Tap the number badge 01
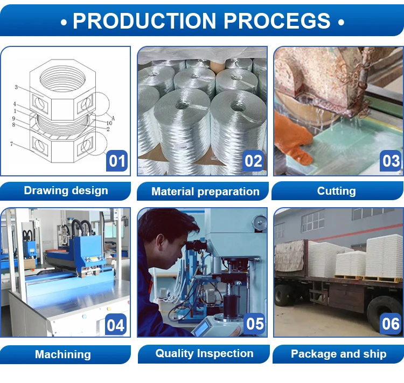pyautogui.click(x=117, y=161)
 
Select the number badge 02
pyautogui.click(x=253, y=161)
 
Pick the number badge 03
pyautogui.click(x=390, y=161)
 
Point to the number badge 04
pyautogui.click(x=116, y=325)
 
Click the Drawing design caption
pyautogui.click(x=66, y=190)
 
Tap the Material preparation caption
pyautogui.click(x=205, y=191)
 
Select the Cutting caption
pyautogui.click(x=336, y=191)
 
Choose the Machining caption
pyautogui.click(x=62, y=354)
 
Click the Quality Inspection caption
pyautogui.click(x=204, y=353)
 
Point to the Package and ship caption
pyautogui.click(x=338, y=354)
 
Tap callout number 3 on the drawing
pyautogui.click(x=16, y=87)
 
